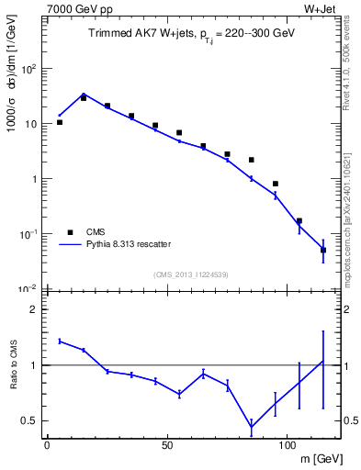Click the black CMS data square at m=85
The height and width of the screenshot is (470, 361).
coord(251,160)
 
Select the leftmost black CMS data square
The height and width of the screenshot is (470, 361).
coord(60,122)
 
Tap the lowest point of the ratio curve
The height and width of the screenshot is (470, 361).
coord(251,426)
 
